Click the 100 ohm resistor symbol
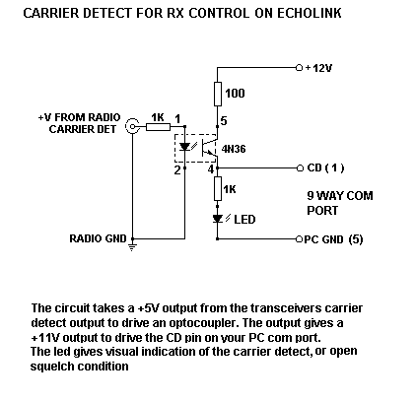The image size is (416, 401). [218, 95]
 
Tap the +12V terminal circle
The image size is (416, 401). [299, 68]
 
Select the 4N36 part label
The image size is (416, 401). [234, 149]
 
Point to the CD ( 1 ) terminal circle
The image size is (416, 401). [300, 168]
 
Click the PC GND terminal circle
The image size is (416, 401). [299, 239]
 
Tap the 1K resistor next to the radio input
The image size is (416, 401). [158, 127]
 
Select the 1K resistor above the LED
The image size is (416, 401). [218, 188]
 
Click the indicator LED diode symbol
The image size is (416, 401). [218, 219]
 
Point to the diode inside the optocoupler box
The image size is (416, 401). [185, 147]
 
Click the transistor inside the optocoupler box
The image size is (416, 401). [209, 147]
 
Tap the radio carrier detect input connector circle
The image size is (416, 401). [132, 126]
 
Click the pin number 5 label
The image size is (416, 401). [224, 121]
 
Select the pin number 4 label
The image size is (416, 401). [211, 169]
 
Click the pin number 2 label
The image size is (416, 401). [177, 170]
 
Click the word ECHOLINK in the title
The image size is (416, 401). [310, 13]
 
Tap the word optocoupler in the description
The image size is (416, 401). [202, 323]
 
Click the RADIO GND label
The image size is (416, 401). [98, 238]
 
